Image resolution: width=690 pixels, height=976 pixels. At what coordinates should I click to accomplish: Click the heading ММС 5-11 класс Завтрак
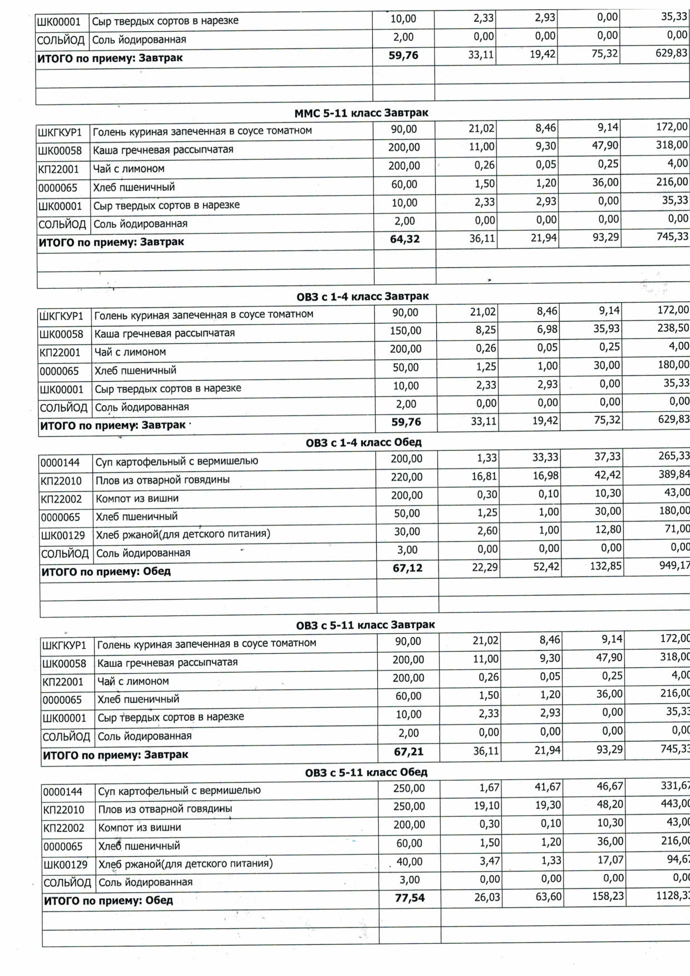(361, 113)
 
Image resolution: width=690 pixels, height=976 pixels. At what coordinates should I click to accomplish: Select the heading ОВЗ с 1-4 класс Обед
(363, 443)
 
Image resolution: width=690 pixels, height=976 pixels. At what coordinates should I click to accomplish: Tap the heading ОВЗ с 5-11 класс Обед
(366, 772)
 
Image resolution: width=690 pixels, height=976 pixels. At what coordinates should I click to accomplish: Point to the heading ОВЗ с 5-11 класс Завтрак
(365, 625)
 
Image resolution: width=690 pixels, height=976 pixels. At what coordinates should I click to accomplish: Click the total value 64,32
(405, 240)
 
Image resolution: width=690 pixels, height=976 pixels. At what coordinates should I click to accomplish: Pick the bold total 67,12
(407, 568)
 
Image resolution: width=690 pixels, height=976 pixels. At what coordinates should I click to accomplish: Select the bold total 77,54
(410, 898)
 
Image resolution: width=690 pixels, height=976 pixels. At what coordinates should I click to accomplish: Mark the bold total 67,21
(408, 752)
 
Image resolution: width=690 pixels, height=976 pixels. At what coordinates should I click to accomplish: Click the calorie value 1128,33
(674, 895)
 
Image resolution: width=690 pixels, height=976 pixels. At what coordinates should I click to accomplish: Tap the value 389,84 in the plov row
(674, 475)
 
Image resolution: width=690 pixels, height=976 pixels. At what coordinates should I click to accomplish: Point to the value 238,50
(673, 328)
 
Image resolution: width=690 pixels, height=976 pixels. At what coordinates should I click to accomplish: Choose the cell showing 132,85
(605, 566)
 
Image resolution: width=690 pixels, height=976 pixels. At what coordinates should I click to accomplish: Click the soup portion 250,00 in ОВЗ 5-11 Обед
(408, 788)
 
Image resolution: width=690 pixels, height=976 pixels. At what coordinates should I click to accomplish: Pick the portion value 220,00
(407, 477)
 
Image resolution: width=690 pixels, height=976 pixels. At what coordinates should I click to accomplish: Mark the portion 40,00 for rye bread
(409, 861)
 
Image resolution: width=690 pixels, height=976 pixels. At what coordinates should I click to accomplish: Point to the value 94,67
(678, 860)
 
